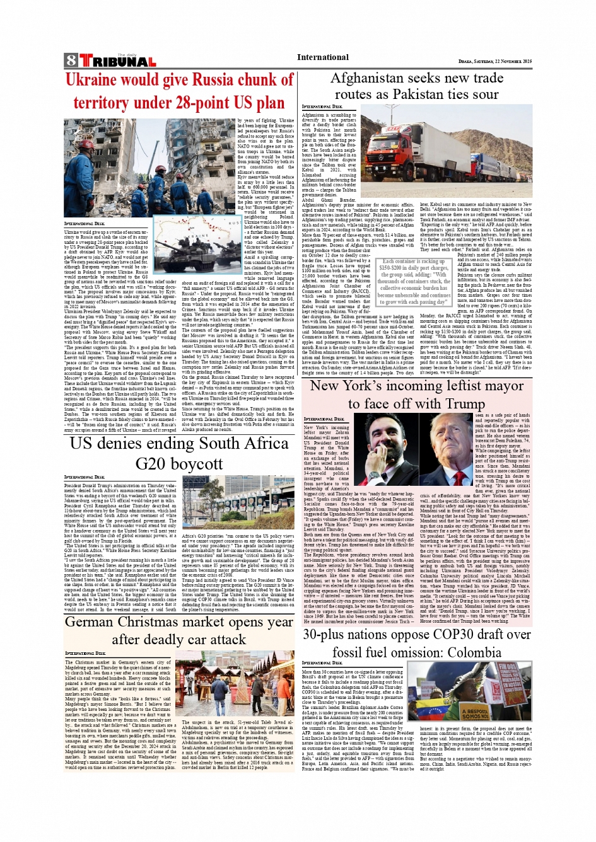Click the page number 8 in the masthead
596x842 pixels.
[x=70, y=61]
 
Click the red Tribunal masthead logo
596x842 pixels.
[x=117, y=61]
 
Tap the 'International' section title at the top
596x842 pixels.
[x=322, y=57]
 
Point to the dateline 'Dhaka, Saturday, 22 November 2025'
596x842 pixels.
[x=494, y=62]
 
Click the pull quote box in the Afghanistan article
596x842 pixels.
[x=413, y=281]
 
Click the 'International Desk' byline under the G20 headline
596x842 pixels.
[x=84, y=478]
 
